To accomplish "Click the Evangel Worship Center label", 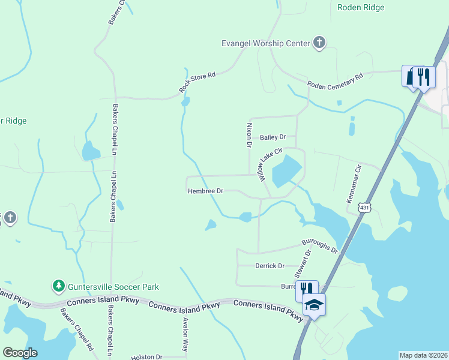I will click(x=265, y=43).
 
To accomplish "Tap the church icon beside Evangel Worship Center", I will click(x=319, y=43).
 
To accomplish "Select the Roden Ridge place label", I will click(x=361, y=7).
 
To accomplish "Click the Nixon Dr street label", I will click(x=249, y=136).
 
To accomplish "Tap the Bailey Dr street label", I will click(x=273, y=137).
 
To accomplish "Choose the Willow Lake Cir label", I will click(x=270, y=165).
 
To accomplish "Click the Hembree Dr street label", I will click(x=205, y=191).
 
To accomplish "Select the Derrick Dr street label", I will click(x=270, y=265).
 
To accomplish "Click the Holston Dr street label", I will click(x=147, y=356).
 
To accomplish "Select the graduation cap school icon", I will click(x=314, y=305).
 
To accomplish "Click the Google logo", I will click(x=20, y=353).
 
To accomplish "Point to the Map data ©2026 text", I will click(x=423, y=355).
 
